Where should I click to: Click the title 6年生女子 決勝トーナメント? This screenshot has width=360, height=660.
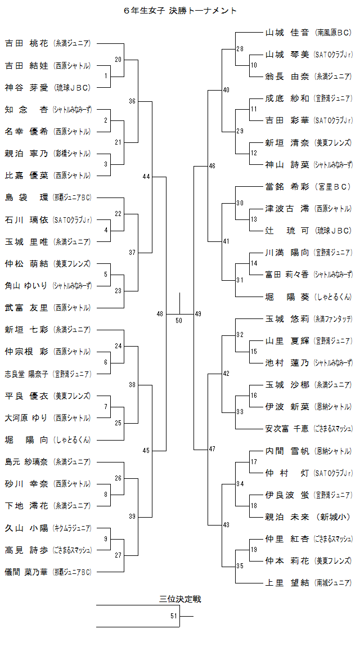click(x=180, y=11)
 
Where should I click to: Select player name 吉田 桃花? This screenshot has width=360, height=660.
click(x=26, y=43)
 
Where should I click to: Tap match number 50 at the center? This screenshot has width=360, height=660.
click(x=179, y=320)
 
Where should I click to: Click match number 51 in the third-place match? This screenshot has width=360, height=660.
click(x=174, y=616)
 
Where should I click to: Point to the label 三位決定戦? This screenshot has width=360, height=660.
click(x=180, y=599)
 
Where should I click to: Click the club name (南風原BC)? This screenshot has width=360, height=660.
click(x=334, y=33)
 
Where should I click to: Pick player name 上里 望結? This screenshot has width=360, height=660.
click(x=287, y=583)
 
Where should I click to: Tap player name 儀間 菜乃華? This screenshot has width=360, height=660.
click(x=26, y=572)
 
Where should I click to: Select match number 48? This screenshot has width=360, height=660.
click(x=160, y=313)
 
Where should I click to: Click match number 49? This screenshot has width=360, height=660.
click(x=198, y=313)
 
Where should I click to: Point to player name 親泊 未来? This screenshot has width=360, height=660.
click(x=287, y=517)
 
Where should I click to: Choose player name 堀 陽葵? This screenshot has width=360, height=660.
click(x=287, y=297)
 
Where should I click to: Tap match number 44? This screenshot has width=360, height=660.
click(x=146, y=177)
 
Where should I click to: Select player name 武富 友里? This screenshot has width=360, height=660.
click(x=26, y=308)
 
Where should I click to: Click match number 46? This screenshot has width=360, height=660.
click(x=211, y=166)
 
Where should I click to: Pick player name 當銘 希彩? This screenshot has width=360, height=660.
click(x=287, y=187)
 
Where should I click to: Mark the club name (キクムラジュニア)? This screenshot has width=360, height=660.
click(x=72, y=528)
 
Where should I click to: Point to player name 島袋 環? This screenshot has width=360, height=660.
click(x=26, y=197)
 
